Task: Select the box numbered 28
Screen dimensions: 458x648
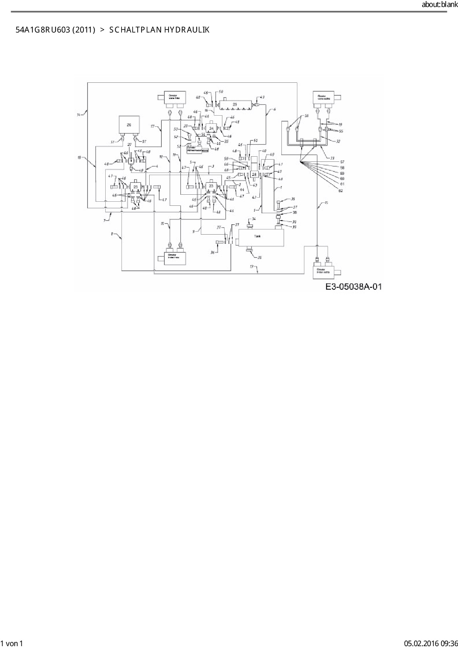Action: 254,174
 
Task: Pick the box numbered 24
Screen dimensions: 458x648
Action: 211,128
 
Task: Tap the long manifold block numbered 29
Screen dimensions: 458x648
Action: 235,105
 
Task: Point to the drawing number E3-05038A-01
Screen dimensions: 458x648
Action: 353,286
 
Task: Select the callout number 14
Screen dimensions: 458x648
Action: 78,115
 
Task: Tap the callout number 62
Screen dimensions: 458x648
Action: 341,191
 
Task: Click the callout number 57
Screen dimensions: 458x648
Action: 342,162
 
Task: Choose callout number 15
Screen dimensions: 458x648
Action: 326,203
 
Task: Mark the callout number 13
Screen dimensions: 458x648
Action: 252,266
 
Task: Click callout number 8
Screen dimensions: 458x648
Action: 112,233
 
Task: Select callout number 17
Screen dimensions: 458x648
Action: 152,126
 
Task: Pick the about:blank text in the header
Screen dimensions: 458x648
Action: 440,4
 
